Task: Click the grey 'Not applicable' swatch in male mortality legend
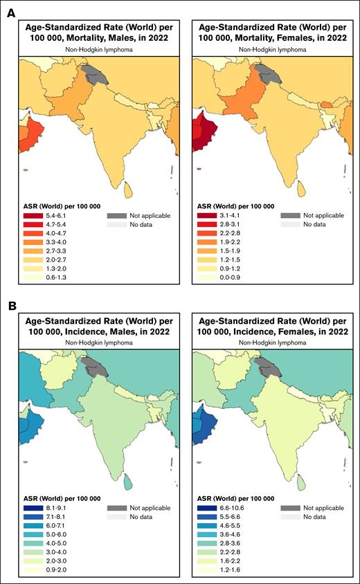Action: pos(116,216)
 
